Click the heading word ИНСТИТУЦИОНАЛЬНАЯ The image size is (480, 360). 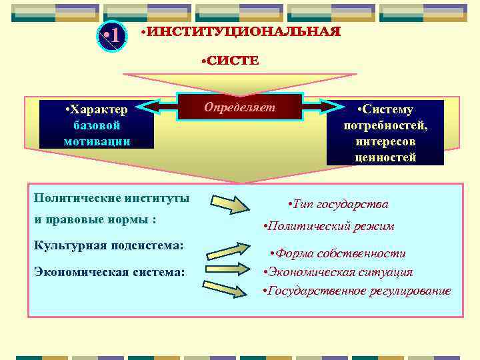(241, 31)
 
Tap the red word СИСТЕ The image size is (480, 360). (230, 61)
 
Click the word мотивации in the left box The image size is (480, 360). (97, 141)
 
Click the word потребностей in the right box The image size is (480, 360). (385, 126)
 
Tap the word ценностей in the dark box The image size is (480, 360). (385, 158)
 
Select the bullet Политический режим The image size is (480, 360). (329, 226)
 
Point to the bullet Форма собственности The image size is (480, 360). (337, 253)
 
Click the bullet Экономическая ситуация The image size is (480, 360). (338, 272)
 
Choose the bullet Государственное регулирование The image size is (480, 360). (357, 291)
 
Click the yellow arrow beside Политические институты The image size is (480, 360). (231, 203)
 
